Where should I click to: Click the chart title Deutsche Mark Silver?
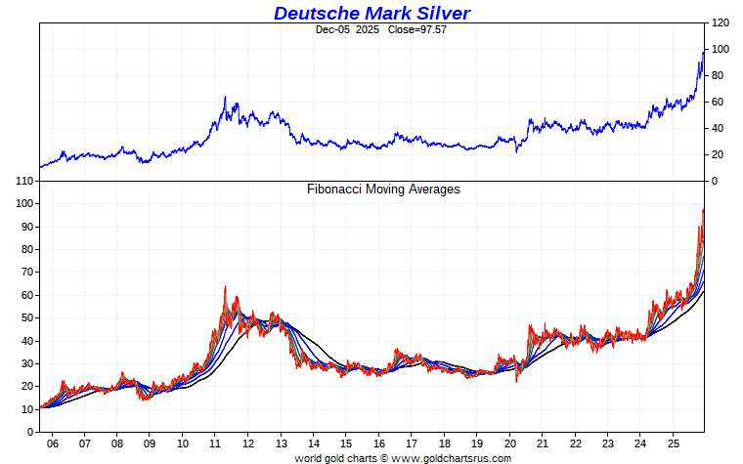(x=371, y=13)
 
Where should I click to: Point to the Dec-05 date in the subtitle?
(x=332, y=29)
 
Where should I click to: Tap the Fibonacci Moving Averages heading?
(x=383, y=189)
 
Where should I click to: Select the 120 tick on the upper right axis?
(x=721, y=22)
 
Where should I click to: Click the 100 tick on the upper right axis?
(x=721, y=49)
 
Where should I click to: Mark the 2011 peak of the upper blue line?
(x=225, y=97)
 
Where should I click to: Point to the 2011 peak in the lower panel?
(x=225, y=286)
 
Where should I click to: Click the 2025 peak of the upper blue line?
(x=702, y=51)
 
